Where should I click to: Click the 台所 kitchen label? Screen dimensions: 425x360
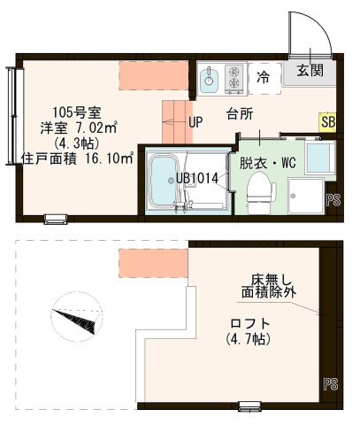point(240,114)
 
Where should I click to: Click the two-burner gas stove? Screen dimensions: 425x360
point(235,78)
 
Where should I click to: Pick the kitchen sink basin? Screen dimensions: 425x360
point(209,80)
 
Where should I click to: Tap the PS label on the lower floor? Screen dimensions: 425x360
point(333,199)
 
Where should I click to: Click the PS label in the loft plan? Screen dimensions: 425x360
point(330,383)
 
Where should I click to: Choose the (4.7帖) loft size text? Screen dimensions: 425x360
point(249,339)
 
